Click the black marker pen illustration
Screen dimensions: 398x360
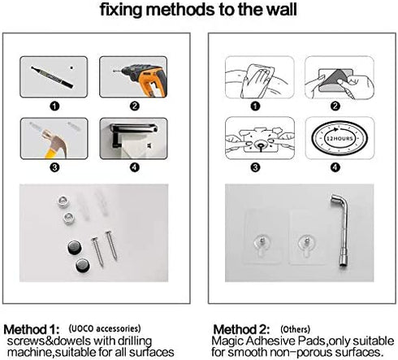click(52, 77)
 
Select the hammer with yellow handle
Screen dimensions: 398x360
click(55, 144)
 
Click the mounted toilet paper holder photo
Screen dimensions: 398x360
click(133, 138)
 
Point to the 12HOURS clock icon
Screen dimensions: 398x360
click(340, 138)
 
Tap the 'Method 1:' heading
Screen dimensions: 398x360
click(32, 329)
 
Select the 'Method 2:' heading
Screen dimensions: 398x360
click(241, 329)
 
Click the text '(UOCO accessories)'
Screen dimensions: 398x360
click(105, 328)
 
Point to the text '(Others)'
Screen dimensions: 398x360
click(295, 329)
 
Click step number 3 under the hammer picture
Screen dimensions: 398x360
click(54, 167)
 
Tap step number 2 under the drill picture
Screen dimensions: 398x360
click(135, 106)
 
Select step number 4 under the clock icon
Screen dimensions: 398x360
click(335, 167)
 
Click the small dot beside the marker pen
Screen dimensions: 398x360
click(71, 67)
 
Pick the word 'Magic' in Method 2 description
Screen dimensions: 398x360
click(228, 340)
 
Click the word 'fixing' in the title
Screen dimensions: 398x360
click(121, 11)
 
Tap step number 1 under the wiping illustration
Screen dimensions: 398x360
click(255, 106)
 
